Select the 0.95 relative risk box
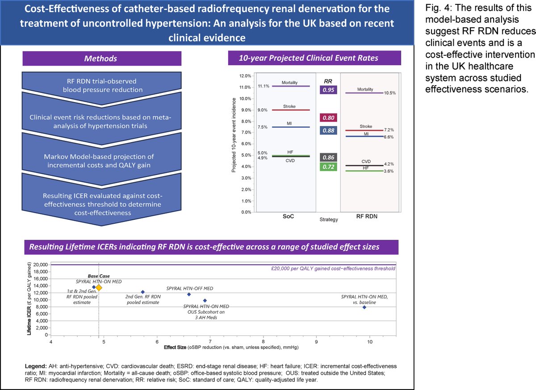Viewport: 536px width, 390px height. pos(328,90)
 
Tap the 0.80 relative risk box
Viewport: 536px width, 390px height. pos(328,118)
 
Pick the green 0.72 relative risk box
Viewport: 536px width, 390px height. pos(328,167)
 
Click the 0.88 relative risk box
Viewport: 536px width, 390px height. pos(328,130)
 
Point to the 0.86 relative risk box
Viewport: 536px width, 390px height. pos(328,157)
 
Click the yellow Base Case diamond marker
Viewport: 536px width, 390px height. pos(99,288)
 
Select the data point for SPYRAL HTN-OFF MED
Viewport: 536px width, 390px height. pos(189,294)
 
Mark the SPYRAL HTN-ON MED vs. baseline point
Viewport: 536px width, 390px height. pos(364,307)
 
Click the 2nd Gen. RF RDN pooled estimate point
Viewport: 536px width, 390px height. pos(143,292)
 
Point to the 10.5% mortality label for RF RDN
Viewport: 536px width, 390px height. pos(390,93)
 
